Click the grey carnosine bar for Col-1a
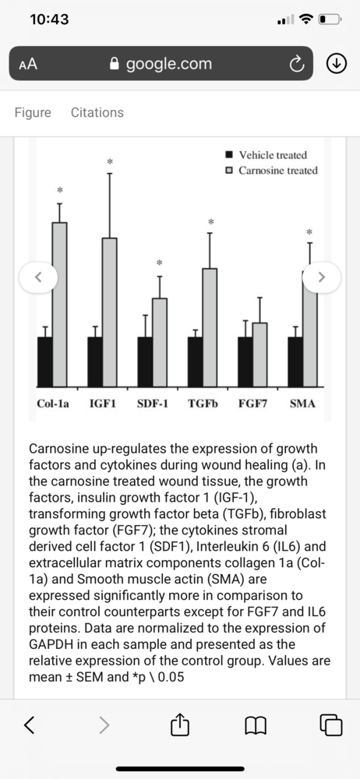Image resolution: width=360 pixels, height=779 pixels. (x=60, y=305)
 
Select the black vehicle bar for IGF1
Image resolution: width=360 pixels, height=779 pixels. (x=95, y=362)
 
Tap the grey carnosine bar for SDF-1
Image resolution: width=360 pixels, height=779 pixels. (x=160, y=343)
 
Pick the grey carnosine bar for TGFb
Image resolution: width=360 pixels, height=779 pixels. (x=210, y=328)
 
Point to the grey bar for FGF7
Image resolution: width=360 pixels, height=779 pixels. (x=260, y=354)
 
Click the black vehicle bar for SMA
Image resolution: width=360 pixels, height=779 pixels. (x=295, y=362)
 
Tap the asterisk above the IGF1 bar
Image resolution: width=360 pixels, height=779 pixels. (x=110, y=161)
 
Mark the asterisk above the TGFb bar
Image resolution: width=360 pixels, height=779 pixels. (x=210, y=221)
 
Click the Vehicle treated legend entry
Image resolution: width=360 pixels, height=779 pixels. (x=266, y=155)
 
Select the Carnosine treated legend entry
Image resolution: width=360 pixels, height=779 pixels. (x=272, y=171)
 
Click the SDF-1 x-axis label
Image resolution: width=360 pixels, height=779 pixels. (x=152, y=404)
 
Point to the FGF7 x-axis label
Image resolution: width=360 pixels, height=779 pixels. (x=253, y=404)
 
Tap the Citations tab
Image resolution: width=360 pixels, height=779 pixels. (x=97, y=112)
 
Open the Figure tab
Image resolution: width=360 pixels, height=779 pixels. (x=33, y=113)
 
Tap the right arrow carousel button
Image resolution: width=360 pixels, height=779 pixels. (x=322, y=277)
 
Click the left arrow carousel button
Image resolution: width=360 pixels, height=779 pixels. (x=38, y=277)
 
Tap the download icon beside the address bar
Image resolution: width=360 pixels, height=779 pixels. (x=336, y=63)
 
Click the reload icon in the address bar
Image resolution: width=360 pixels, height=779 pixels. (x=296, y=63)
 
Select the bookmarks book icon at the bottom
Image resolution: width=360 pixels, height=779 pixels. (x=256, y=725)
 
